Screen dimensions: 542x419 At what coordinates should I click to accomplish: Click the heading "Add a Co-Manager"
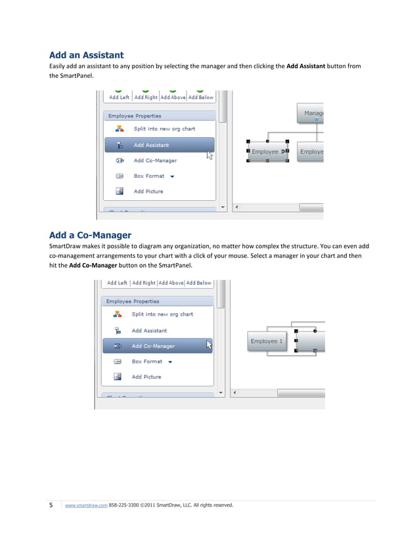coord(90,235)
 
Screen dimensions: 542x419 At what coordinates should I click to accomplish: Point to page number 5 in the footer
coord(52,505)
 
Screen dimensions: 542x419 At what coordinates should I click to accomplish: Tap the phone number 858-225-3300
coord(123,505)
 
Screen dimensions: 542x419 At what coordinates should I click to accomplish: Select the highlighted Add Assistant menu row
coord(160,145)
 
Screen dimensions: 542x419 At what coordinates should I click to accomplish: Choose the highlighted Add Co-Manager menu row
coord(158,346)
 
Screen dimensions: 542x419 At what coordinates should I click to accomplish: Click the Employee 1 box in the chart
coord(267,341)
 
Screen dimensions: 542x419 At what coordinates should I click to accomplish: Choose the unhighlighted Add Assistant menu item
coord(149,331)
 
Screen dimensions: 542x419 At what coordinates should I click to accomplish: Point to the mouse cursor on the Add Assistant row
coord(209,155)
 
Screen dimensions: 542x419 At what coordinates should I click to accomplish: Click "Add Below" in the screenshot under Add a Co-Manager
coord(199,283)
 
